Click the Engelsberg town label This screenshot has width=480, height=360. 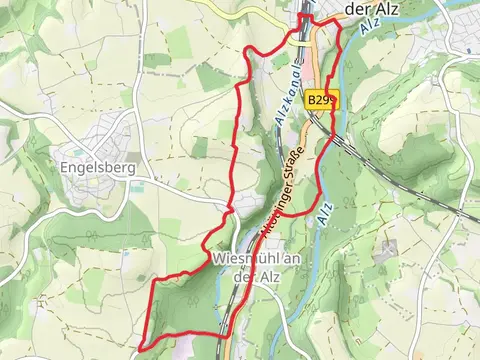point(97,167)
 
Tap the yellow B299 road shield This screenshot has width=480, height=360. point(323,100)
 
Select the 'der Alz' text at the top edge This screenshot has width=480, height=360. point(372,8)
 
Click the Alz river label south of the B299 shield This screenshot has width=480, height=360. point(324,213)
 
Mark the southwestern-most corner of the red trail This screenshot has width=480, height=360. point(139,347)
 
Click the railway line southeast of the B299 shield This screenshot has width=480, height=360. point(350,140)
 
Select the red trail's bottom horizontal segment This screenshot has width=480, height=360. point(180,335)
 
